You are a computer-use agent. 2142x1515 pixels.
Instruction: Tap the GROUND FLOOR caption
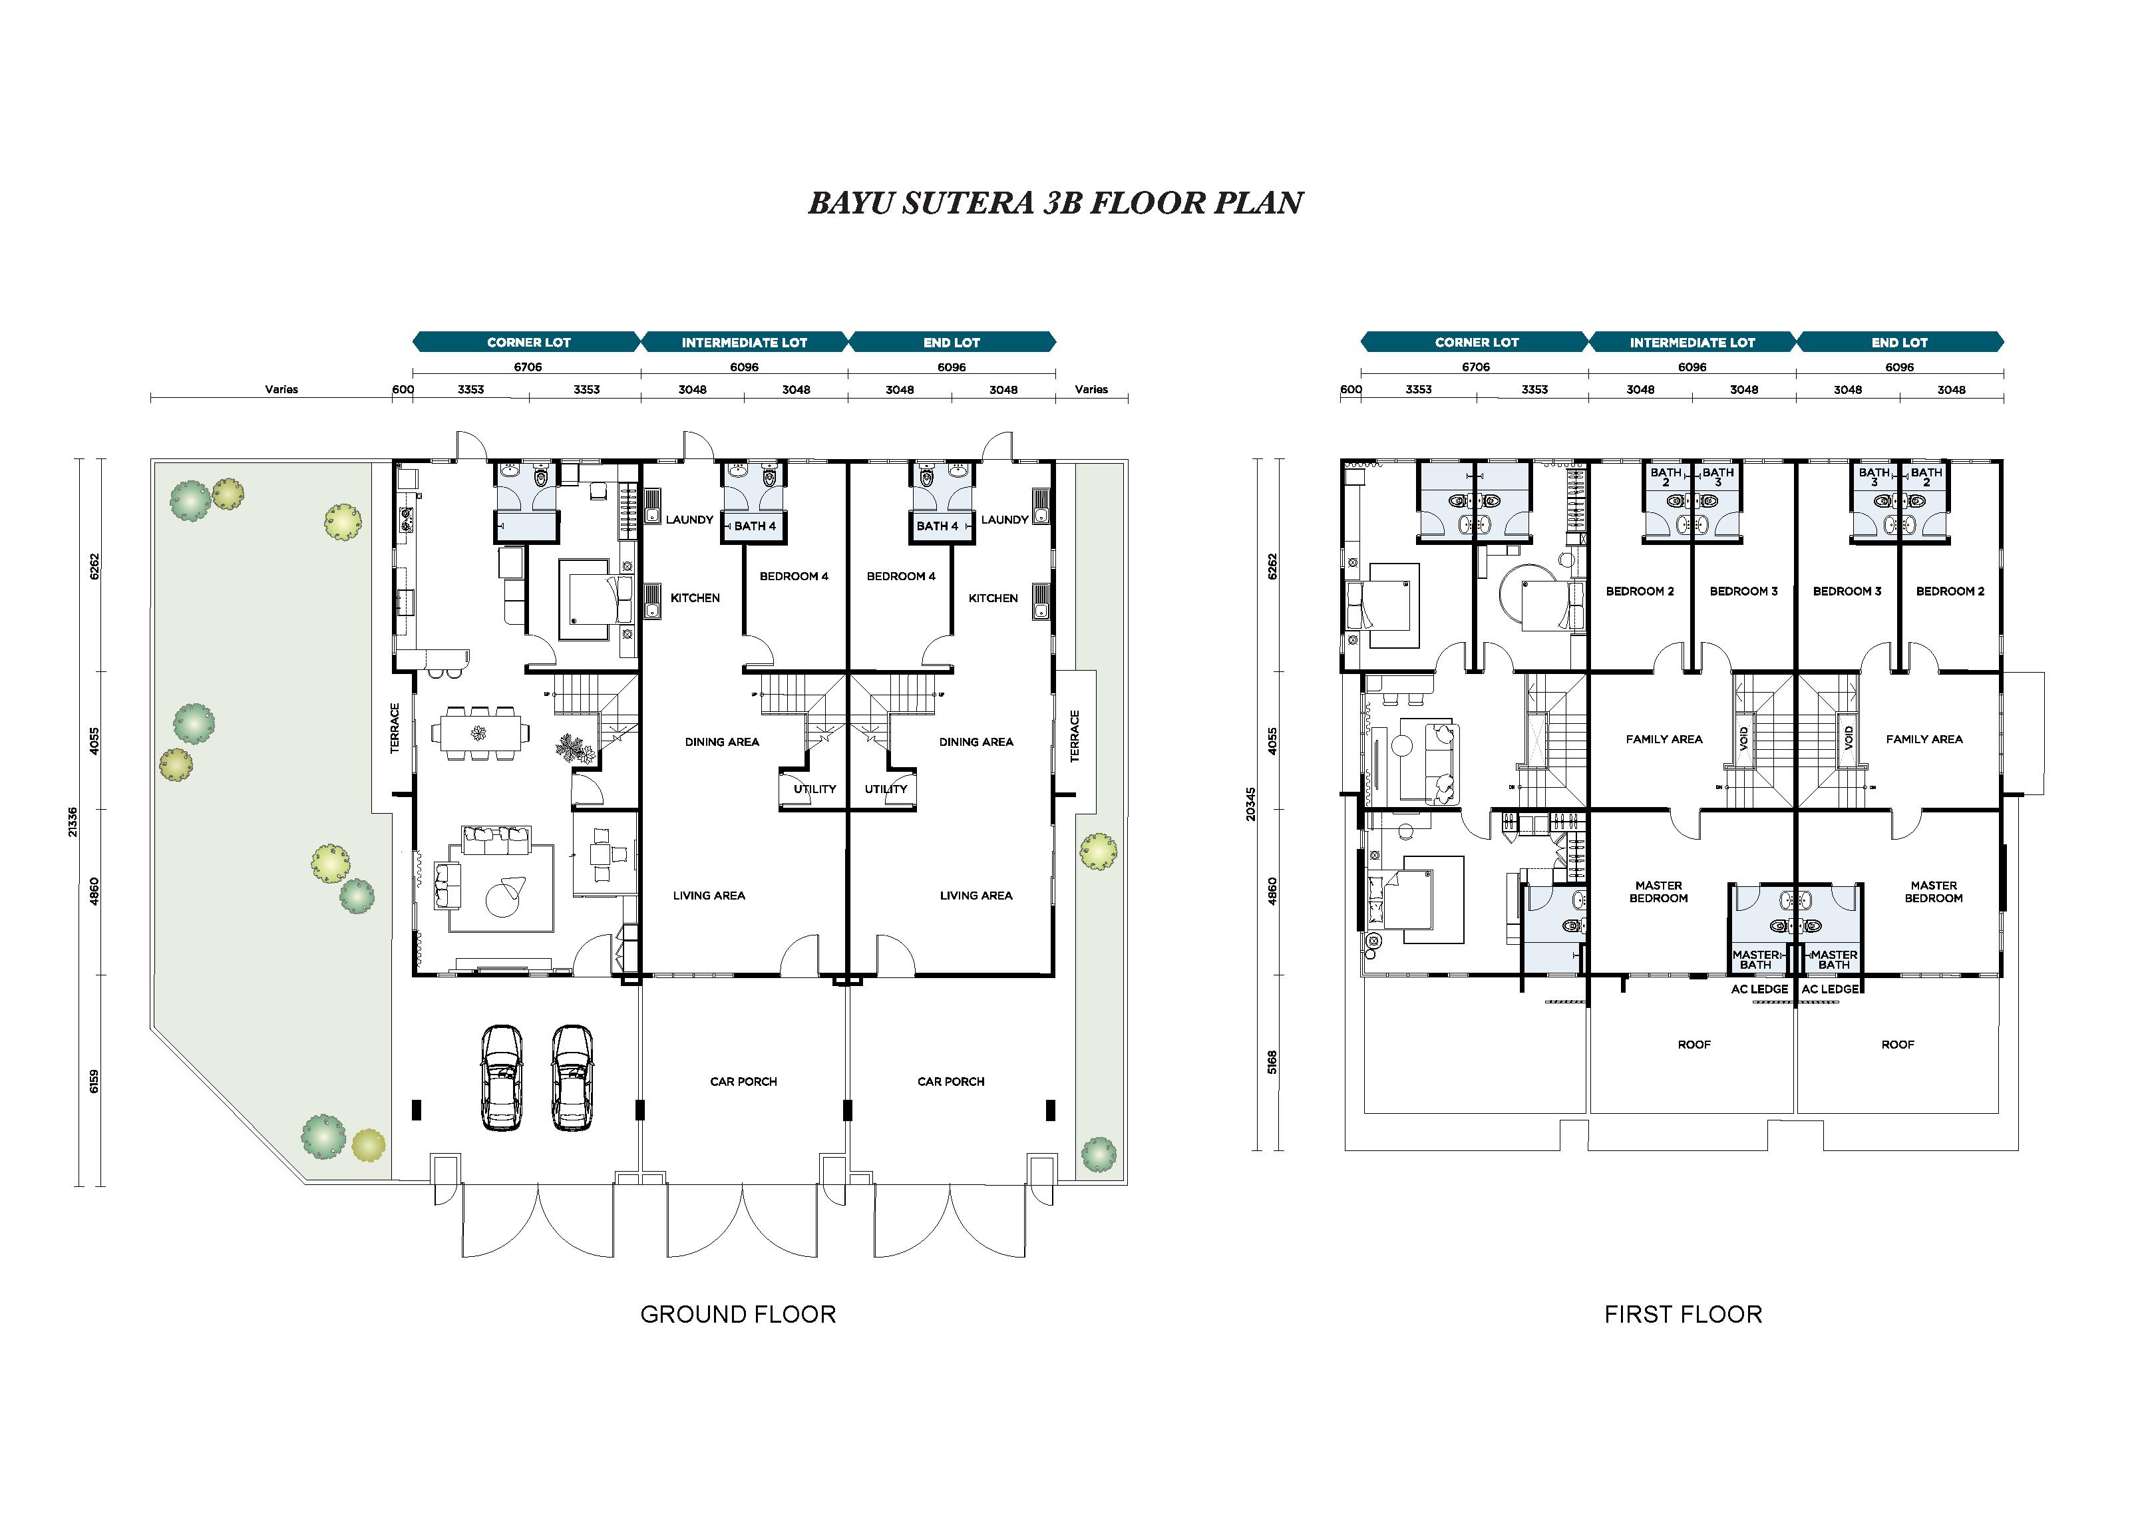pos(738,1315)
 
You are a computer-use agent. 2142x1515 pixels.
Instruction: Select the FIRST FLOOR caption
pos(1683,1315)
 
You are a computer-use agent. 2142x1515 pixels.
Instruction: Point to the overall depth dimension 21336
pos(73,822)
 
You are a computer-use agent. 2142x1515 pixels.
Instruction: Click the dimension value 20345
pos(1250,804)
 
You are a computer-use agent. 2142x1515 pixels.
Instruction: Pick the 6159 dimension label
pos(93,1081)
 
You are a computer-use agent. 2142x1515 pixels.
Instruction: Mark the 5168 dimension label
pos(1272,1063)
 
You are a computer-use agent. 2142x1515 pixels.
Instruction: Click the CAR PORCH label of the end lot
pos(951,1081)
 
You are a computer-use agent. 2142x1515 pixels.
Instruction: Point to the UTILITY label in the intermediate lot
pos(814,789)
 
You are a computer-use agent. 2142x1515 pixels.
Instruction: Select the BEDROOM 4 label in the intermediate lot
pos(794,576)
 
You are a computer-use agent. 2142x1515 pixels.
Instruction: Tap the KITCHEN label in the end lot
pos(993,598)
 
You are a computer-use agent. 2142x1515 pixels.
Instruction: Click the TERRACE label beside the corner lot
pos(395,729)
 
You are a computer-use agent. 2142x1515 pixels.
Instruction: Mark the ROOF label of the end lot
pos(1898,1045)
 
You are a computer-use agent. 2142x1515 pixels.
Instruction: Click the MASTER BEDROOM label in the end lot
pos(1933,892)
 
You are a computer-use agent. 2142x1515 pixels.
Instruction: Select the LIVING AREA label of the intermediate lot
pos(709,896)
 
